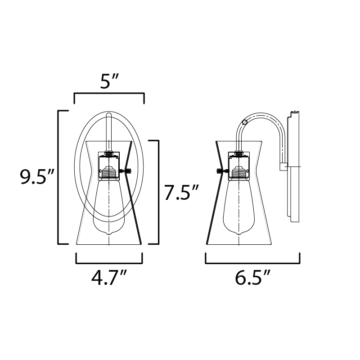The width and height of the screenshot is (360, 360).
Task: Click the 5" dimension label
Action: click(109, 82)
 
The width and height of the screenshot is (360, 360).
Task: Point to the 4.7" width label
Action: click(109, 278)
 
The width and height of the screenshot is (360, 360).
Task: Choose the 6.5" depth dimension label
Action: click(252, 278)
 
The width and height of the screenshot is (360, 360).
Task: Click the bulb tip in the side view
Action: click(239, 234)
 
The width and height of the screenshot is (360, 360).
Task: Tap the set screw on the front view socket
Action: click(126, 171)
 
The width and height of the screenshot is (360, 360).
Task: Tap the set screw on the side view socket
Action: click(222, 171)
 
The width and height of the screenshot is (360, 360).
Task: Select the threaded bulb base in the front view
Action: click(109, 173)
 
